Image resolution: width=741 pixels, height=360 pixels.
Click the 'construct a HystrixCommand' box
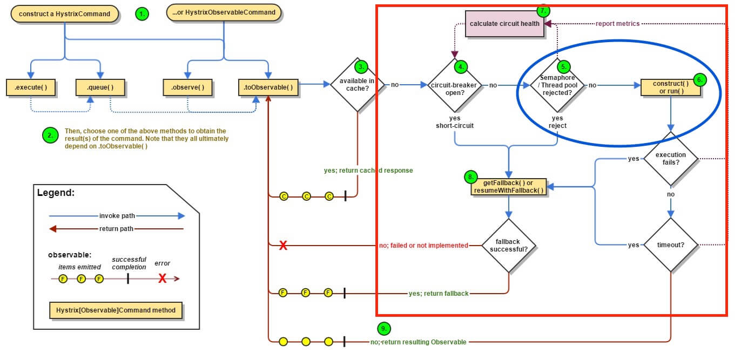(64, 13)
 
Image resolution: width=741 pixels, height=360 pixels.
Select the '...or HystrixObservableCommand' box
(224, 12)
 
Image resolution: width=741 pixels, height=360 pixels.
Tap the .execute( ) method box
(31, 87)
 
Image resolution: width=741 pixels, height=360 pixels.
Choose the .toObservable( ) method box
(269, 87)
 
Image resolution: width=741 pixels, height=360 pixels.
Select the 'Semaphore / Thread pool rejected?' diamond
(557, 85)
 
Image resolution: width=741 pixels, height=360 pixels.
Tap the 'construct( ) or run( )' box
(670, 87)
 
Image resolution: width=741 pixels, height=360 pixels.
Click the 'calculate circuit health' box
(504, 24)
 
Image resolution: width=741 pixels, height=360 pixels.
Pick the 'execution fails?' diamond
(670, 159)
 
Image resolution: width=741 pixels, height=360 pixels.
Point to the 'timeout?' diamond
(670, 245)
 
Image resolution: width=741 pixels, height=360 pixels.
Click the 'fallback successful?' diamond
(508, 246)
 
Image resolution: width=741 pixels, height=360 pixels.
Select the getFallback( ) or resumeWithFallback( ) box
(508, 187)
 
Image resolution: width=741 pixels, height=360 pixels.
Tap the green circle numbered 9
(383, 329)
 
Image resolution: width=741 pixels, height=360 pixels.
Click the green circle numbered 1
(142, 14)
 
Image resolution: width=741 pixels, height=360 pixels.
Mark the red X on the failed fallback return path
(282, 246)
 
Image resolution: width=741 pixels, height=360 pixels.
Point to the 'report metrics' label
(617, 24)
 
